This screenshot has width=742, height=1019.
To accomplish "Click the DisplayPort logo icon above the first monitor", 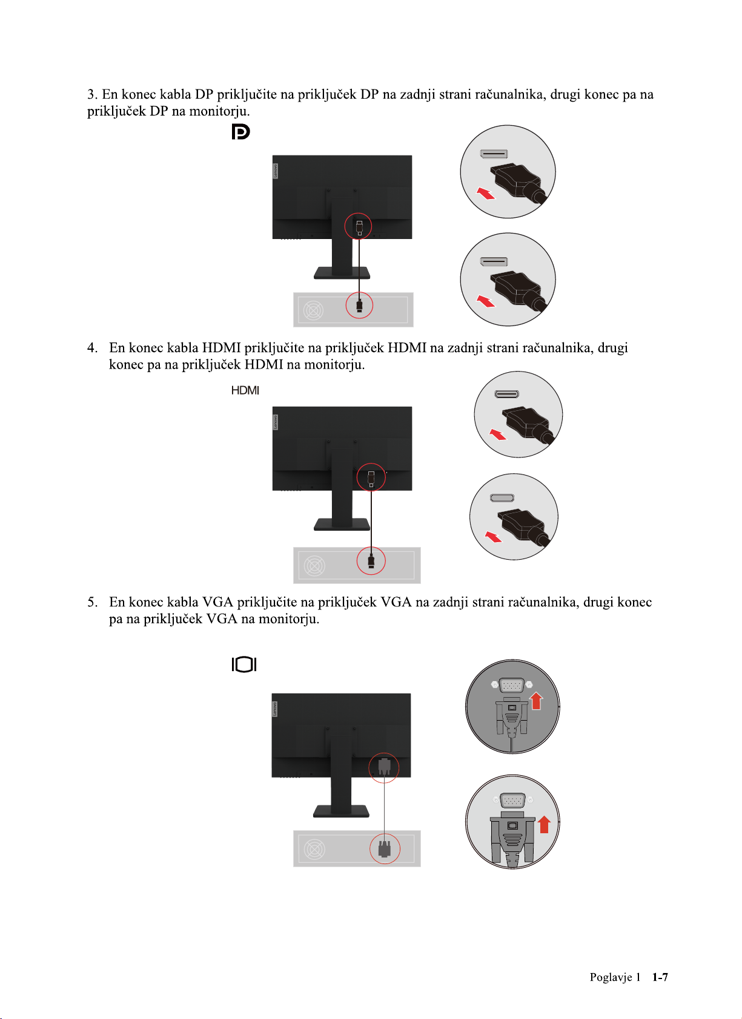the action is [x=240, y=131].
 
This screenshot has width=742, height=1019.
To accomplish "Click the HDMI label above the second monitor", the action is [x=245, y=390].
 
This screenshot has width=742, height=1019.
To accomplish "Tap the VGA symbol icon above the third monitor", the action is [x=244, y=664].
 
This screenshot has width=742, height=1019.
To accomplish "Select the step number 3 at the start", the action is [x=91, y=94].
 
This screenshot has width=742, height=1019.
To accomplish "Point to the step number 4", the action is [x=91, y=348].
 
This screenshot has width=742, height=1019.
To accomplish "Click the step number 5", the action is [x=91, y=602].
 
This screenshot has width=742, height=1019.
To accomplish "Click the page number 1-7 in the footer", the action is [x=660, y=977].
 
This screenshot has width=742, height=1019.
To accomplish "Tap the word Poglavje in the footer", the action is [x=611, y=977].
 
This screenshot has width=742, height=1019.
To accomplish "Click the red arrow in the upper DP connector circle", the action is [x=486, y=194].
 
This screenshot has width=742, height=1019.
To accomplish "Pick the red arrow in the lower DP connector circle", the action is [x=486, y=301].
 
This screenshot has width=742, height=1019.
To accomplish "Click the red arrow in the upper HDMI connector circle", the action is [x=497, y=434].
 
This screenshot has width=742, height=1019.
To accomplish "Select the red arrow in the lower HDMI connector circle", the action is [x=494, y=537].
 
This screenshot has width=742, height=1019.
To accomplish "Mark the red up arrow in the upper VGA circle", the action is [x=536, y=701].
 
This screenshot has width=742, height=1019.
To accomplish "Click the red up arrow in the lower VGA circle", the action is [x=544, y=824].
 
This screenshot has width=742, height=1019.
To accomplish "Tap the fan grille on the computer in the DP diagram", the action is [x=313, y=310].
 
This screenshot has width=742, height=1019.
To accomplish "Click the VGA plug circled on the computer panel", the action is [x=384, y=848].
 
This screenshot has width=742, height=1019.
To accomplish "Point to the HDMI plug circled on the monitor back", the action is [x=371, y=477].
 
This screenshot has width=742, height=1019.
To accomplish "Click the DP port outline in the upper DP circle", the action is [x=494, y=154].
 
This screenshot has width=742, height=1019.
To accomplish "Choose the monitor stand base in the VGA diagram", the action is [x=341, y=811].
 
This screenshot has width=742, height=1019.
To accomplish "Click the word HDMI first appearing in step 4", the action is [x=221, y=348].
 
